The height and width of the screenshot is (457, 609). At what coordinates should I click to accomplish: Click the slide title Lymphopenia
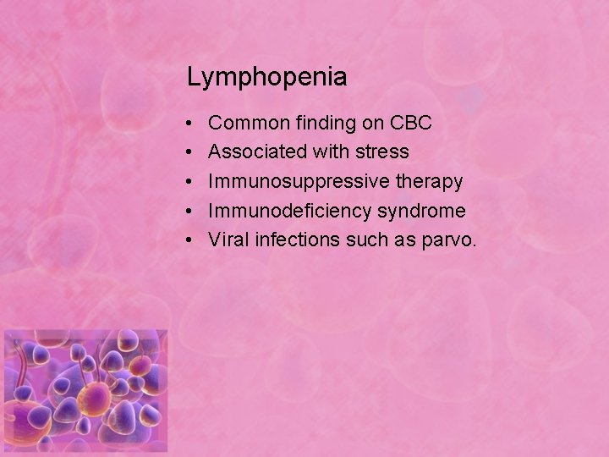point(266,78)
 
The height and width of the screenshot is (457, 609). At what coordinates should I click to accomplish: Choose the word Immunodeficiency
point(288,211)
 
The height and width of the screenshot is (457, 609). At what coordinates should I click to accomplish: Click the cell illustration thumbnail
point(85,391)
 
